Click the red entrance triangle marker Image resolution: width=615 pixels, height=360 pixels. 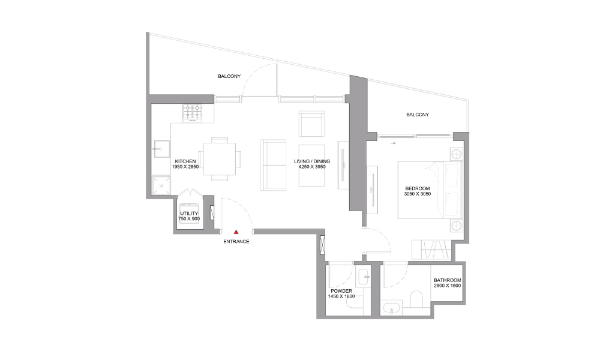(x=236, y=232)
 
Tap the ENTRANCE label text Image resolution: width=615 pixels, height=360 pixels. (x=236, y=242)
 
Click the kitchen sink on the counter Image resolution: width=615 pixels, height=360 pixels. (x=161, y=149)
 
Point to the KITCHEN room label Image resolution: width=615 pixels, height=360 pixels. (x=185, y=161)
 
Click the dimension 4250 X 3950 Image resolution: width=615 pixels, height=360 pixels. (x=312, y=167)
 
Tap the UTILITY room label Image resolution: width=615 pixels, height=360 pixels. (x=189, y=214)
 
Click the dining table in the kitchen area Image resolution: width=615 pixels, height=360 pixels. (x=220, y=159)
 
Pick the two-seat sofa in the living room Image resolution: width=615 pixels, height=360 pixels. (x=274, y=165)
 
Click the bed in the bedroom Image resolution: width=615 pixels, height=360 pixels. (x=430, y=190)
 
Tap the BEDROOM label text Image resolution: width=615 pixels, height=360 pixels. (x=418, y=188)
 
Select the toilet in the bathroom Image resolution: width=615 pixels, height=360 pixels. (x=416, y=299)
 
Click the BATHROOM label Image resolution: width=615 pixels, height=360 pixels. (x=448, y=280)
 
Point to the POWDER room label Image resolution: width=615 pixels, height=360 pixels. (x=341, y=291)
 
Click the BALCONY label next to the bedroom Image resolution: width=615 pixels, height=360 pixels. (x=418, y=115)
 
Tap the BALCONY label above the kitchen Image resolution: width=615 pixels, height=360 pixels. (x=229, y=76)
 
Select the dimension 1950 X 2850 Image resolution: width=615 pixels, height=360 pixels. (x=185, y=167)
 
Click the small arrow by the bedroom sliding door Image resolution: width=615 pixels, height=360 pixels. (x=394, y=143)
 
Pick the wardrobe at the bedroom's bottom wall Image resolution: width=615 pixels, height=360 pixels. (x=431, y=250)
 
